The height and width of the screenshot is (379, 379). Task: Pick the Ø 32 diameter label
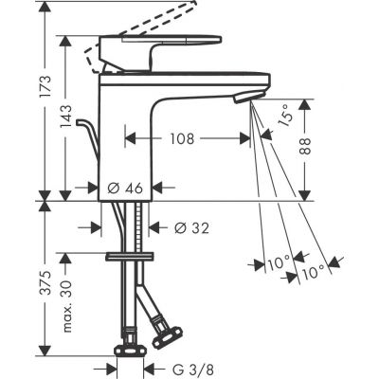coord(194,227)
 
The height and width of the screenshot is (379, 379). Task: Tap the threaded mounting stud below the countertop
coord(144,227)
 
